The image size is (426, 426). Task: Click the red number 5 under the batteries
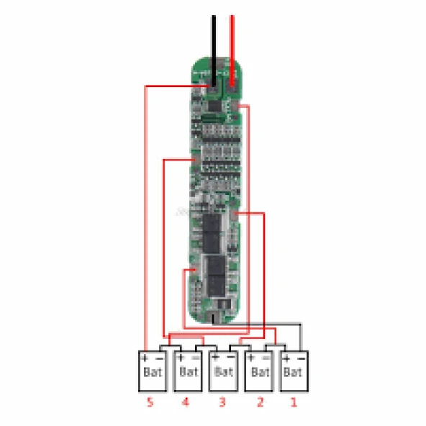150,403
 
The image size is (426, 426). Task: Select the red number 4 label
186,403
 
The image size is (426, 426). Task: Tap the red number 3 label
222,403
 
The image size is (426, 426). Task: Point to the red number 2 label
259,403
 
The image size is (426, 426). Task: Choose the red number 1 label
292,403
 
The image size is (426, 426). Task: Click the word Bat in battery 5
152,372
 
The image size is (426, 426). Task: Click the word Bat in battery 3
223,372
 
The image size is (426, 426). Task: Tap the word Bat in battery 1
292,372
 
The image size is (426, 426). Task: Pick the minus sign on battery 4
196,358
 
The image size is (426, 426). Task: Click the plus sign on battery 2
250,358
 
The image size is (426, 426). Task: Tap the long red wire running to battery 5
146,216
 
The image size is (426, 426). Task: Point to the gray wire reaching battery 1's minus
301,335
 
